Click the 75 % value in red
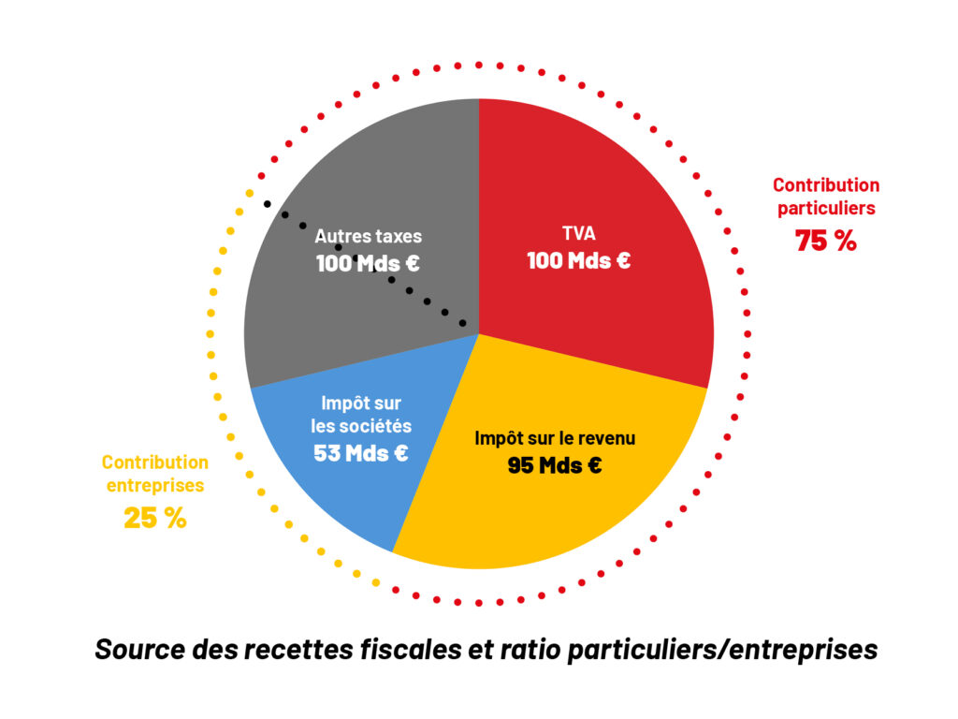pos(826,241)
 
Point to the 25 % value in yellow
pos(155,518)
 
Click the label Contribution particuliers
pos(826,197)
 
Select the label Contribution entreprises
pos(155,474)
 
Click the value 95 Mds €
pos(555,464)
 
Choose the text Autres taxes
pos(369,237)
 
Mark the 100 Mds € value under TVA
pos(578,261)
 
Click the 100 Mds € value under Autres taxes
pos(368,263)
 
